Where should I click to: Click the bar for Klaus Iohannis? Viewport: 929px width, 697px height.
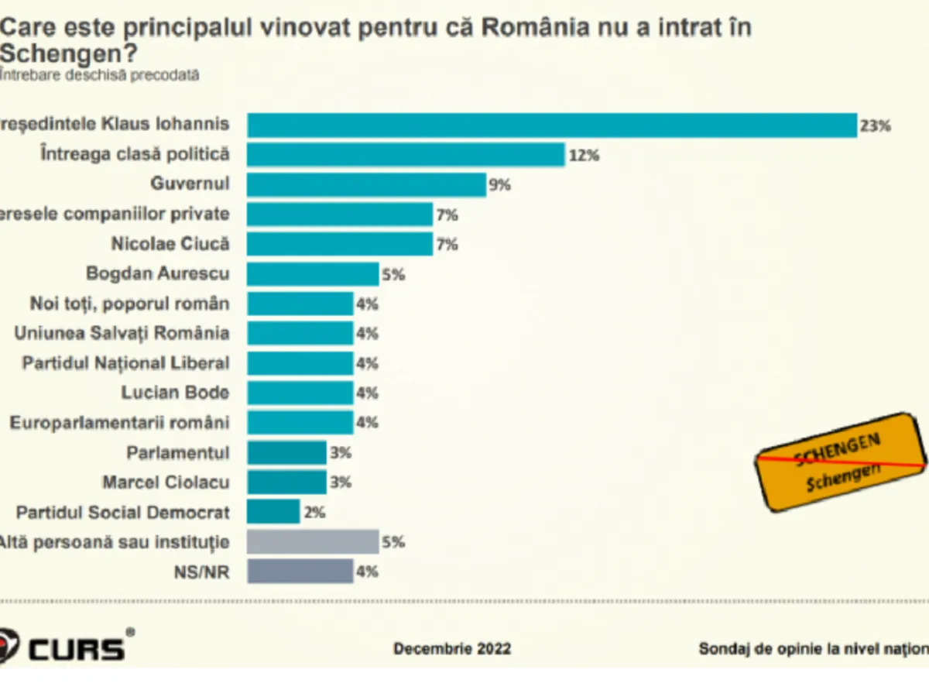coord(551,125)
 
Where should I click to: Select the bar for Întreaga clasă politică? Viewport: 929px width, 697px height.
coord(406,154)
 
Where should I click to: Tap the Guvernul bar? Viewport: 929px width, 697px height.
coord(366,184)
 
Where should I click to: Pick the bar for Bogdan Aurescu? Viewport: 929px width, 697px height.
coord(313,273)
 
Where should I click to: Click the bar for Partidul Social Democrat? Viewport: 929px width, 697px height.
coord(273,512)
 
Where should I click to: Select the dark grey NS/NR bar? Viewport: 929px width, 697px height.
coord(300,572)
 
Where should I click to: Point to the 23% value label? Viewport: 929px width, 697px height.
coord(875,125)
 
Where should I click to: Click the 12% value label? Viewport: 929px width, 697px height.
coord(584,155)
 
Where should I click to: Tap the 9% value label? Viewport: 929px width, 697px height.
coord(500,185)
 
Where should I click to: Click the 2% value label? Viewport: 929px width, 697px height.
coord(314,512)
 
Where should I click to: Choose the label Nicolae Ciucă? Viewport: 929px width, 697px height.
coord(170,243)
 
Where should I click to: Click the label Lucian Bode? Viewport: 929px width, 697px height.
coord(175,393)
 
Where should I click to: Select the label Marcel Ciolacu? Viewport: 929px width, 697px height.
coord(166,482)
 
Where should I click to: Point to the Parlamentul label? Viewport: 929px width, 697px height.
coord(178,452)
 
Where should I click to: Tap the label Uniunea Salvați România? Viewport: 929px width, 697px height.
coord(122,333)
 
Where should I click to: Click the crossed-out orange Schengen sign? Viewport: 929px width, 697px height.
coord(841,462)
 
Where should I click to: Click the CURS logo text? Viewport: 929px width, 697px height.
coord(77,647)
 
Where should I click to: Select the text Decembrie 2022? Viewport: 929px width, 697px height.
coord(452,648)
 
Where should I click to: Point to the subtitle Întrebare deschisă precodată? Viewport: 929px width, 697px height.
coord(101,75)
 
